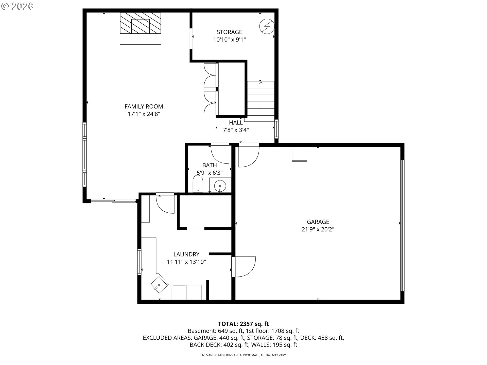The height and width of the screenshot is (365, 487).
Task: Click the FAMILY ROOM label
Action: [x=144, y=106]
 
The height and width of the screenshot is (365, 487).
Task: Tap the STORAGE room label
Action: [x=229, y=32]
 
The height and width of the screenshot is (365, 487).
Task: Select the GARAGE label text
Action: [x=318, y=222]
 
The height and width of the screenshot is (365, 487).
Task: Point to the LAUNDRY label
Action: [x=186, y=254]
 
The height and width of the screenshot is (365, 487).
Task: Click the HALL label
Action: [x=236, y=123]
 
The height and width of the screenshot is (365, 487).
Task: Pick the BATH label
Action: [x=210, y=165]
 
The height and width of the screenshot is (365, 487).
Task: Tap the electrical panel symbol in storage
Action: [x=267, y=26]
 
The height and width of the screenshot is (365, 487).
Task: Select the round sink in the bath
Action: [x=220, y=186]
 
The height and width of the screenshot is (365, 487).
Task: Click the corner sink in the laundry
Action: [x=159, y=285]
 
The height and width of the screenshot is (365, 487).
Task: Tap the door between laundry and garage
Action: [x=243, y=267]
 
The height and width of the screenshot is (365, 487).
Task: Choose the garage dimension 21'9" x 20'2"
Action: [x=318, y=230]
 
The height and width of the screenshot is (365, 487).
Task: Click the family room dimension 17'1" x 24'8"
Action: [x=144, y=114]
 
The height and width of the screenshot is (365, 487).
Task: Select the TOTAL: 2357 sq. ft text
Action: [x=243, y=324]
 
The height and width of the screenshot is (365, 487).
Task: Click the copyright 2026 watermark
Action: [x=17, y=6]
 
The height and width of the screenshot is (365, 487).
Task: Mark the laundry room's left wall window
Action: [x=139, y=262]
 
